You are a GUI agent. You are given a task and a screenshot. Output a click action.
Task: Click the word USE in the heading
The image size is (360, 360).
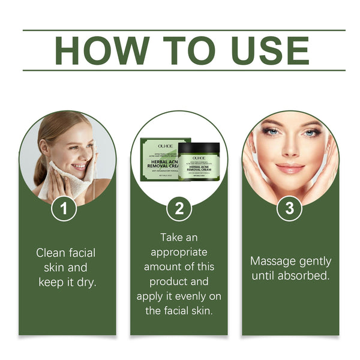click(x=265, y=50)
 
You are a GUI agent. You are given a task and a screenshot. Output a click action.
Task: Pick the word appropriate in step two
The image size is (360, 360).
click(x=179, y=252)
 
